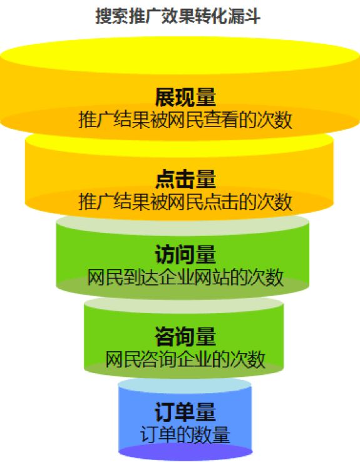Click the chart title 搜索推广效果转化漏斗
pos(178,16)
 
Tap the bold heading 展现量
pos(185,97)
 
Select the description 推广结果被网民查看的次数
pos(185,120)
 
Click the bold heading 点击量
pos(185,179)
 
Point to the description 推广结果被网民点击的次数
pos(185,202)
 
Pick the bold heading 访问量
pos(185,255)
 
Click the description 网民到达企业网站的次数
pos(185,277)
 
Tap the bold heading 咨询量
pos(185,336)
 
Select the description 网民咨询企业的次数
pos(185,359)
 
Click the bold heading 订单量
pos(185,412)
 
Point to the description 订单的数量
pos(185,434)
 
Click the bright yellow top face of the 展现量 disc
pos(180,55)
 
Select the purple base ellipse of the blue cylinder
pos(185,452)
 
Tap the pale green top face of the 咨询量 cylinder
pos(184,305)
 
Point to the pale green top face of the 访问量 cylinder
pos(183,225)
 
